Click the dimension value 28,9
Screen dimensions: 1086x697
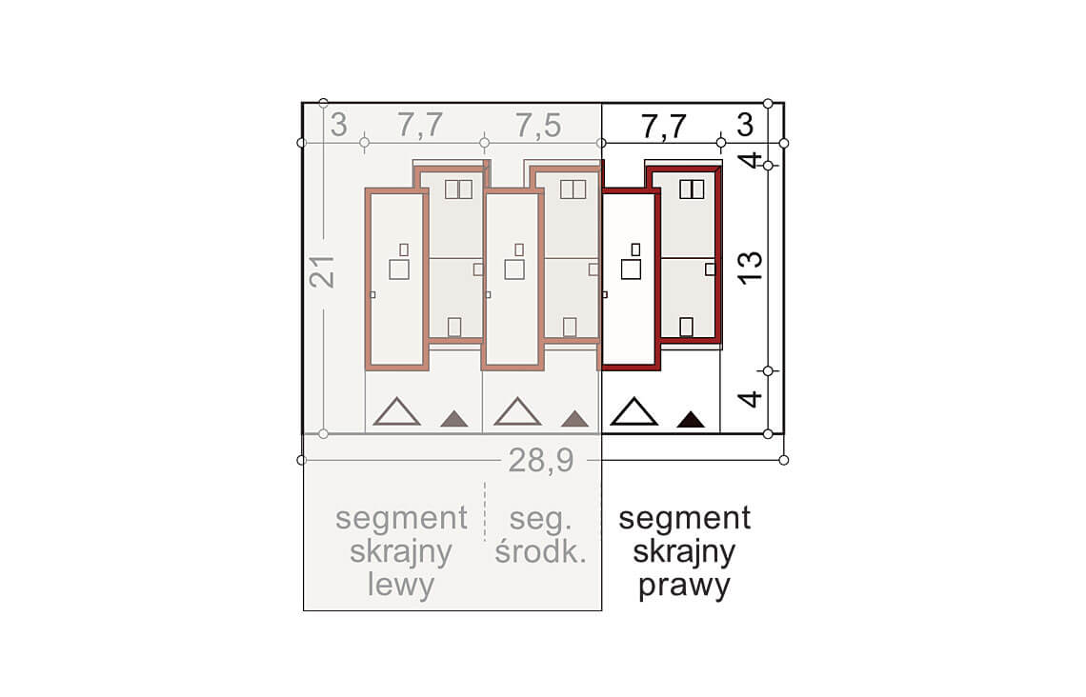pyautogui.click(x=541, y=460)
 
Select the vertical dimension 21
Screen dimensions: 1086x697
pyautogui.click(x=323, y=272)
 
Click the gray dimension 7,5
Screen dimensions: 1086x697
pyautogui.click(x=538, y=126)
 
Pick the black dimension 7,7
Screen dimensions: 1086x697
pyautogui.click(x=664, y=126)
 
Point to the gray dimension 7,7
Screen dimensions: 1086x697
pyautogui.click(x=420, y=126)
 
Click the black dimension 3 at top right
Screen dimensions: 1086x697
pyautogui.click(x=745, y=126)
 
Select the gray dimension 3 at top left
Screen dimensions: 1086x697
pyautogui.click(x=338, y=126)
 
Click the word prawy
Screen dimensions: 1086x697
pyautogui.click(x=684, y=586)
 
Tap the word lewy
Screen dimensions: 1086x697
pyautogui.click(x=401, y=585)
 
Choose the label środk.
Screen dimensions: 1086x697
pyautogui.click(x=541, y=551)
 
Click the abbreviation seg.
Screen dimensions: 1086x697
pyautogui.click(x=540, y=519)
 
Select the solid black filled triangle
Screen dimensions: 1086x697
pyautogui.click(x=691, y=419)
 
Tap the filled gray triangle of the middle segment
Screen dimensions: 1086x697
pyautogui.click(x=574, y=419)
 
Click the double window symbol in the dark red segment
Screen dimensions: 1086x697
pyautogui.click(x=692, y=189)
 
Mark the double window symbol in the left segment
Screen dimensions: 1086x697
pyautogui.click(x=458, y=189)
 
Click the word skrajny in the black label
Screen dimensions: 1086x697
pyautogui.click(x=684, y=552)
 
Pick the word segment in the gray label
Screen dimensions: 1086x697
pyautogui.click(x=401, y=518)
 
